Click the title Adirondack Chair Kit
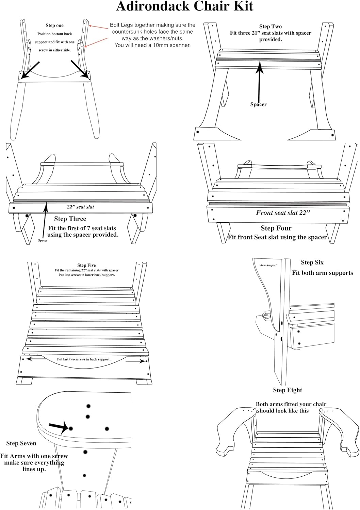click(185, 6)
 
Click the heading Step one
click(54, 26)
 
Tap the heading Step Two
click(270, 27)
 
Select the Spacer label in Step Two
click(258, 104)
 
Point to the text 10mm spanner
click(173, 45)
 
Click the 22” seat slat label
click(80, 207)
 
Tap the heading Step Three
click(70, 219)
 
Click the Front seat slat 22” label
click(283, 213)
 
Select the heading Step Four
click(276, 228)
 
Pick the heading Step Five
click(86, 265)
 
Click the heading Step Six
click(312, 262)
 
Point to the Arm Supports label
click(269, 265)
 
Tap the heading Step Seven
click(21, 443)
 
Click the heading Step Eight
click(288, 390)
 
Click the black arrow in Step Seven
click(59, 427)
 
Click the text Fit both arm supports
click(322, 273)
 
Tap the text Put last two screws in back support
click(84, 359)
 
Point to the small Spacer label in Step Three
click(43, 240)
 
